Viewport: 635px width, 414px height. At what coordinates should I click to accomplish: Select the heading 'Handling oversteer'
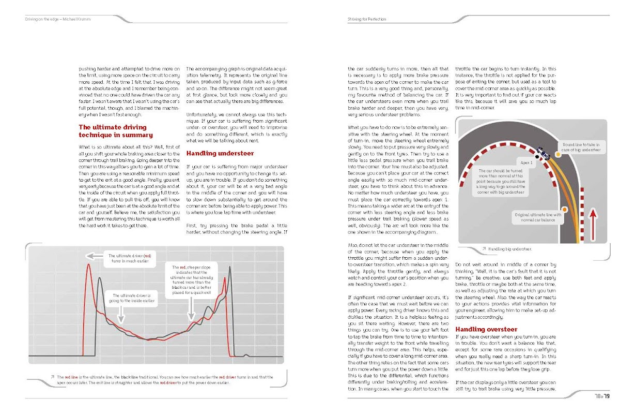coord(486,329)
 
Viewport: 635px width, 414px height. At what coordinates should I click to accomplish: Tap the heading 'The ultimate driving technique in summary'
coord(115,131)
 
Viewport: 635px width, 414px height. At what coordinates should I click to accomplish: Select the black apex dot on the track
coord(537,156)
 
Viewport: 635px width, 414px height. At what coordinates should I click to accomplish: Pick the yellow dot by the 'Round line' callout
coord(559,154)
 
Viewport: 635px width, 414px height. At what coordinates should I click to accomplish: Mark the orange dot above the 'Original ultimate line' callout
coord(565,209)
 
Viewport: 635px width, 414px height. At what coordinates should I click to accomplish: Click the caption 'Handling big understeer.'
coord(506,249)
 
